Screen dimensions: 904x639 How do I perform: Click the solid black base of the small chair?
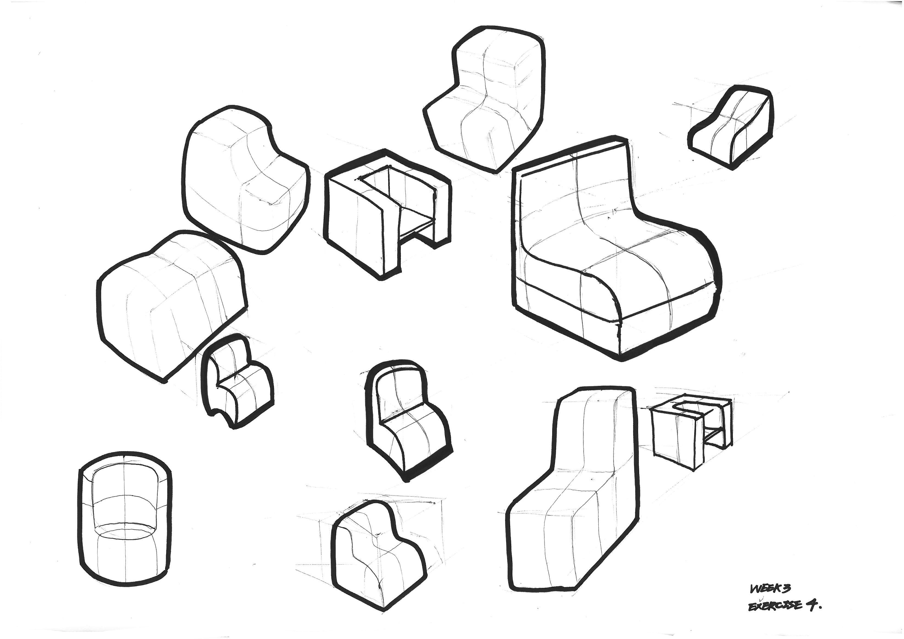click(x=427, y=465)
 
